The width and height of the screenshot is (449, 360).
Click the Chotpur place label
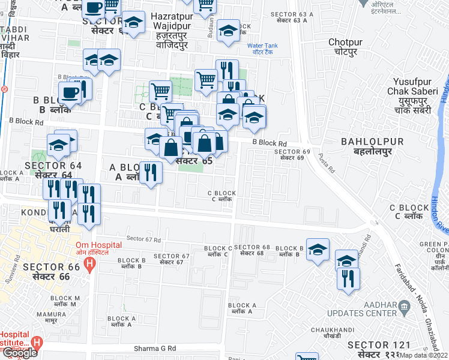[347, 47]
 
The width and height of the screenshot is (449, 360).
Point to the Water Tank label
[262, 48]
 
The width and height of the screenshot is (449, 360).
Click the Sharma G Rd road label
[154, 348]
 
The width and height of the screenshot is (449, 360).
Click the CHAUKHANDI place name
[330, 330]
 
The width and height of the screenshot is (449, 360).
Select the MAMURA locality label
[47, 314]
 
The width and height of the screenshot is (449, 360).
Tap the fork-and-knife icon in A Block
[151, 172]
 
